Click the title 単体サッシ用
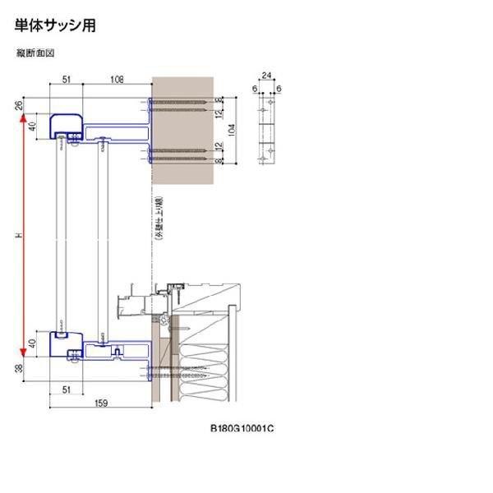point(55,26)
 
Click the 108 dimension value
point(116,80)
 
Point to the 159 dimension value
point(100,403)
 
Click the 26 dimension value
point(19,105)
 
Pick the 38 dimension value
point(19,371)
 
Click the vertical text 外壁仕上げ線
point(157,219)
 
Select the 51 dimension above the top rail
point(66,80)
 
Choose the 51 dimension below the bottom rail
point(66,389)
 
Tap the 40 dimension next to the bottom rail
point(32,344)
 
